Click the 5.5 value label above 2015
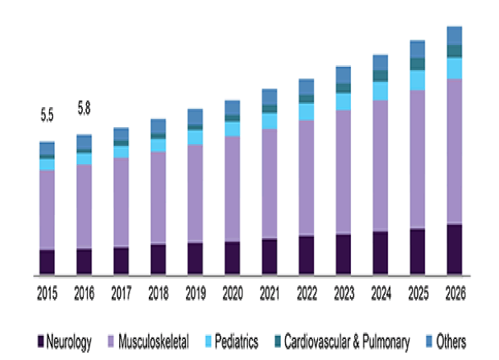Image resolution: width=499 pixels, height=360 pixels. click(x=47, y=115)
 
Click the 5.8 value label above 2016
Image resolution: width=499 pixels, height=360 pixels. click(x=84, y=106)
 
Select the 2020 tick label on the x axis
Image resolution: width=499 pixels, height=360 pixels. click(x=232, y=291)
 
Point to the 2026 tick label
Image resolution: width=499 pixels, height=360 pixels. click(x=454, y=291)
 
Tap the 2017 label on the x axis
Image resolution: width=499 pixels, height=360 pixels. click(x=121, y=291)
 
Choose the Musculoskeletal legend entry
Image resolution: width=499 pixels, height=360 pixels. click(x=153, y=341)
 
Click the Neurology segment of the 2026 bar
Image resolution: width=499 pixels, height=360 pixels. click(x=454, y=250)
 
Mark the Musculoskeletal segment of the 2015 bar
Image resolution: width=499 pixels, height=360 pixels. click(x=47, y=209)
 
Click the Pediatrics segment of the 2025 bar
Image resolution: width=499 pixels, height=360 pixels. click(x=417, y=80)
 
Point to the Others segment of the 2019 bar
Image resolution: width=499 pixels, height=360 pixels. click(x=195, y=117)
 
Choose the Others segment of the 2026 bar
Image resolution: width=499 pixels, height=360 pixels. click(x=454, y=35)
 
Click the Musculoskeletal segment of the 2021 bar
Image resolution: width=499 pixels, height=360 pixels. click(x=269, y=183)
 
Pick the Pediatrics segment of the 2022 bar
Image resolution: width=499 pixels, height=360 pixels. click(x=306, y=111)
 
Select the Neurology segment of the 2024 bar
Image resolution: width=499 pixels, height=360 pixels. click(x=380, y=253)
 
